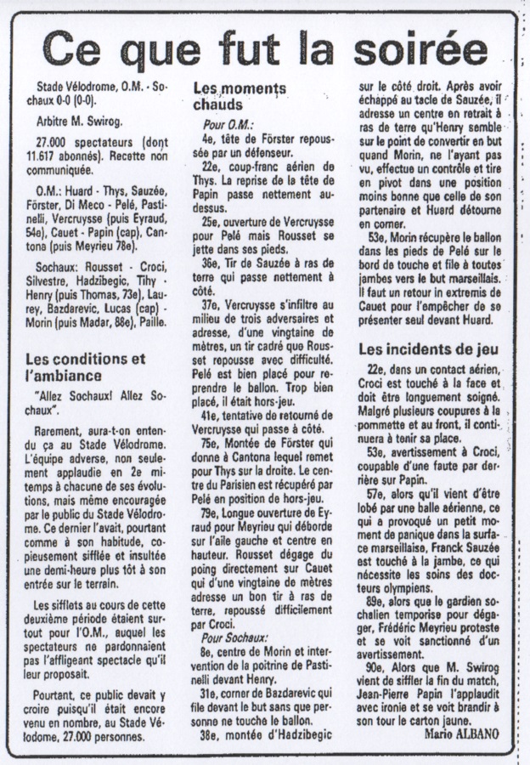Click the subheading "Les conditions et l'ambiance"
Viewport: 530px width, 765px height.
(x=85, y=366)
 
